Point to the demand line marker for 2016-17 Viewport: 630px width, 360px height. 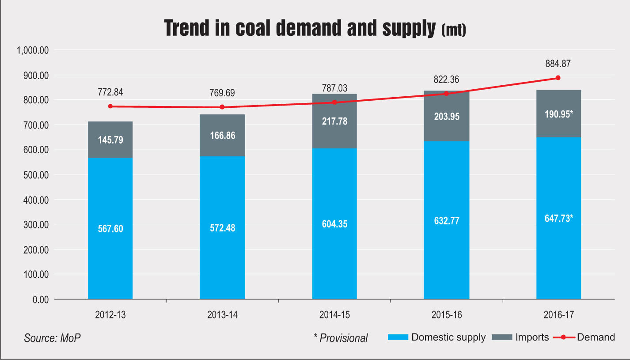[x=558, y=78]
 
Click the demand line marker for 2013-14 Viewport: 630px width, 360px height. [x=222, y=107]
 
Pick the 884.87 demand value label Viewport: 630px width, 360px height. [x=558, y=64]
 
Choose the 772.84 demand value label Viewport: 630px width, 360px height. [x=110, y=93]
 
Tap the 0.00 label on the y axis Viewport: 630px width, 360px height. [x=39, y=299]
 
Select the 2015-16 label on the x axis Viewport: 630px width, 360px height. [x=446, y=315]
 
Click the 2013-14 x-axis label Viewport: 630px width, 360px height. [x=222, y=315]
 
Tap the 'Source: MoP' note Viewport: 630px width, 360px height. [x=53, y=338]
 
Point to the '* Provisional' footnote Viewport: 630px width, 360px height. [x=341, y=338]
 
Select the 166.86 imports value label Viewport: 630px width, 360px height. [x=222, y=136]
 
